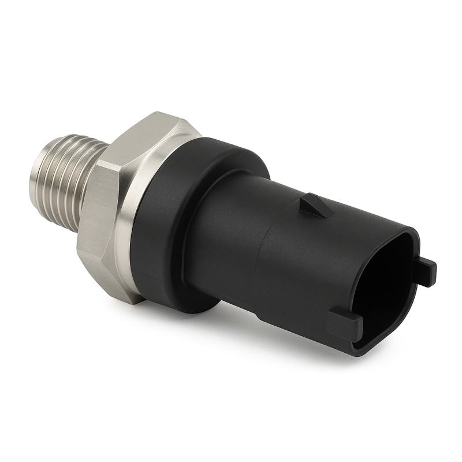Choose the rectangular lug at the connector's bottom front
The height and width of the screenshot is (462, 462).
point(345,323)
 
